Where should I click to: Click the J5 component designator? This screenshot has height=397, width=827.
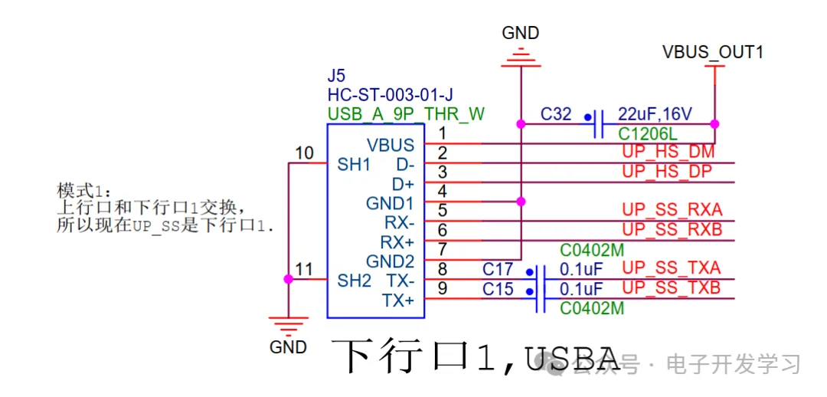[336, 76]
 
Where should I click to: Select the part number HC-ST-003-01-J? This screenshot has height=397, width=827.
[390, 95]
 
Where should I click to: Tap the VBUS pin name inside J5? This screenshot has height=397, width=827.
[391, 145]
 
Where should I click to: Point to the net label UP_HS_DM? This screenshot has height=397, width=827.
[668, 152]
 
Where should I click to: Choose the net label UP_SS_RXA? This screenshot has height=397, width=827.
[672, 210]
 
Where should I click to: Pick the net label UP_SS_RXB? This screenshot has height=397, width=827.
[672, 229]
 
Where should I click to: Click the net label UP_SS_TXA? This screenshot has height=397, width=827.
[671, 268]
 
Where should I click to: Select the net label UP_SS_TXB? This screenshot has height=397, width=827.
[671, 288]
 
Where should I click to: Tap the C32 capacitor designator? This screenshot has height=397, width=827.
[556, 114]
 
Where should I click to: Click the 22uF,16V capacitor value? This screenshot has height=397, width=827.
[655, 114]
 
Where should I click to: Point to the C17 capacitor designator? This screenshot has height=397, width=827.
[498, 269]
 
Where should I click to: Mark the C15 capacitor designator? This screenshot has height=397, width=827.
[498, 289]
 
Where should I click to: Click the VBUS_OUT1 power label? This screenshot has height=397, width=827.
[712, 53]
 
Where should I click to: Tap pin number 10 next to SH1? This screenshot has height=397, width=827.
[305, 153]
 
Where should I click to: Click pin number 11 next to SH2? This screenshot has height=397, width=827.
[305, 269]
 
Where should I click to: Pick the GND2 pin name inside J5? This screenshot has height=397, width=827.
[390, 261]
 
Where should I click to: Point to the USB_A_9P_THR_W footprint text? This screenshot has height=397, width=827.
[406, 114]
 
